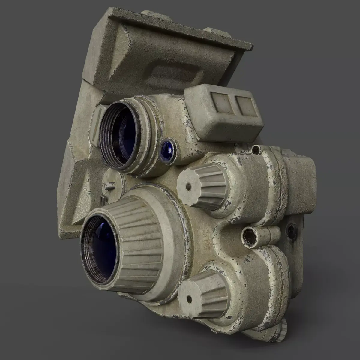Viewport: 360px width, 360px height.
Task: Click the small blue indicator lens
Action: coord(168,148)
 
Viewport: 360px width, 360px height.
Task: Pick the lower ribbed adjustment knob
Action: coord(204,288)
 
